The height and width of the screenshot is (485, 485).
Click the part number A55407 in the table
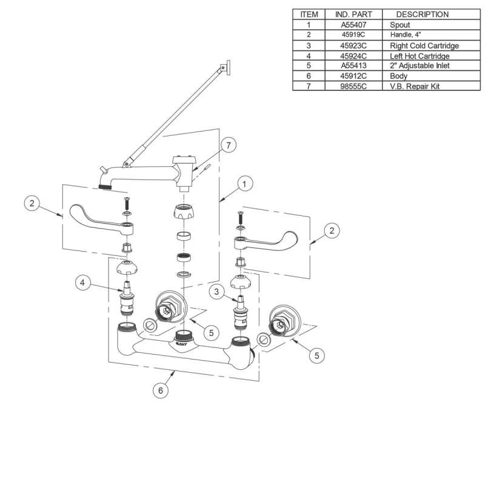coord(356,25)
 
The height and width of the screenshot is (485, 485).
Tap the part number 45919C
coord(356,35)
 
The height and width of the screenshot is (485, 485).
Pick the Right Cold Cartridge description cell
coord(424,45)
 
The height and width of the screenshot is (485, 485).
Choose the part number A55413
coord(356,66)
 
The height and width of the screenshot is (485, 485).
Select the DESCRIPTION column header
coord(423,14)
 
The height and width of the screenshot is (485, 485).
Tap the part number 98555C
coord(356,87)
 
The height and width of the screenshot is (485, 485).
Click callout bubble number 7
coord(228,145)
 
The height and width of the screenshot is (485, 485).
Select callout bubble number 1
coord(244,182)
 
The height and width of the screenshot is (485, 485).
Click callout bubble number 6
coord(160,391)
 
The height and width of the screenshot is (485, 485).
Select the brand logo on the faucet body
coord(183,342)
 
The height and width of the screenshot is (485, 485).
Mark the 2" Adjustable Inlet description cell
coord(419,66)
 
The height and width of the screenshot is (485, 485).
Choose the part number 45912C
coord(356,76)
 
